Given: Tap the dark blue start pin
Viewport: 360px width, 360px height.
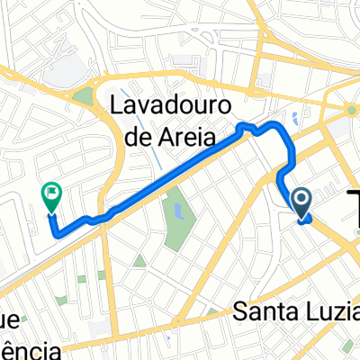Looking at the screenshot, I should pos(301,202).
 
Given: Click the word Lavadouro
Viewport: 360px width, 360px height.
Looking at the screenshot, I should pos(168,105).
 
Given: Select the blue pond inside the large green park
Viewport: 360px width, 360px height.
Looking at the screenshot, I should pos(178,213).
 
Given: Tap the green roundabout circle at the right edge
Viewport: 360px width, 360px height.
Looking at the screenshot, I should pos(353,111).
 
